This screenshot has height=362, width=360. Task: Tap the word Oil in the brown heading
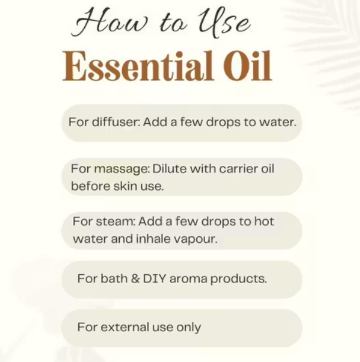tap(247, 66)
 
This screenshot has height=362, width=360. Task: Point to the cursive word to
tap(173, 24)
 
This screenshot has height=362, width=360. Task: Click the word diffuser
tap(116, 121)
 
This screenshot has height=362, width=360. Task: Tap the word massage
tap(122, 169)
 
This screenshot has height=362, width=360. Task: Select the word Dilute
tap(170, 168)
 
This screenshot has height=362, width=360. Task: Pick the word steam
tap(115, 222)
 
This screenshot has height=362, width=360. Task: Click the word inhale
tap(153, 239)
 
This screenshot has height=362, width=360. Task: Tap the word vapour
tap(196, 239)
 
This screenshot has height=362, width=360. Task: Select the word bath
tap(114, 278)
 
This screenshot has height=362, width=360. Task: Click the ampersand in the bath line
tap(135, 278)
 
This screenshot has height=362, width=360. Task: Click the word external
tap(125, 327)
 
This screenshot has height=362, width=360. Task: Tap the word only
tap(189, 328)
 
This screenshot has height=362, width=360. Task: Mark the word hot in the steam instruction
tap(264, 221)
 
